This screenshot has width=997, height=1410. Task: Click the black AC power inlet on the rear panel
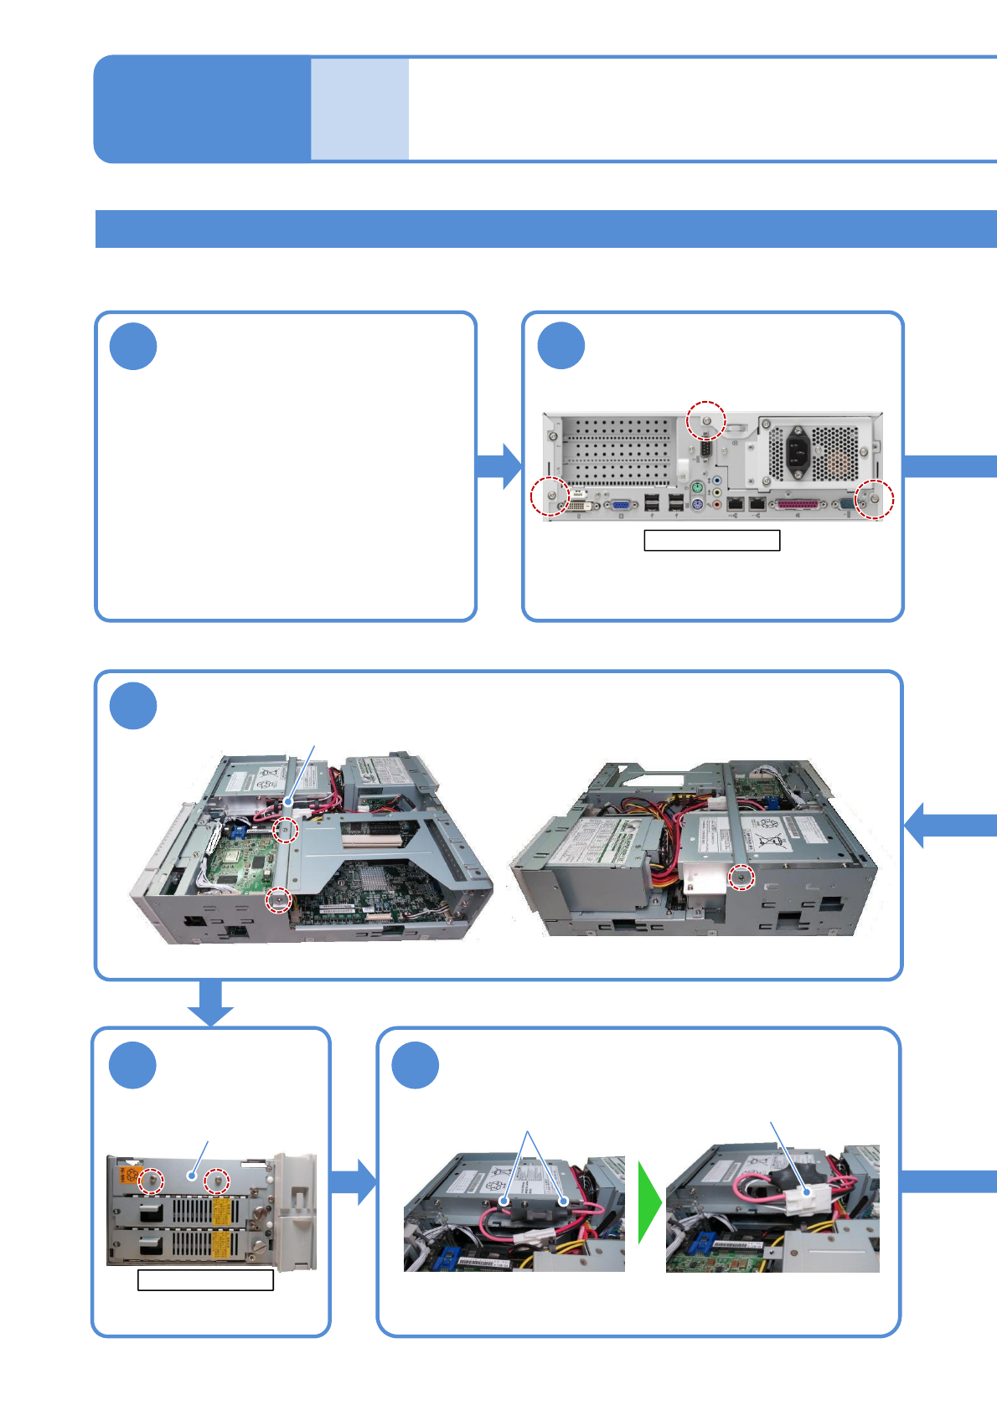click(798, 453)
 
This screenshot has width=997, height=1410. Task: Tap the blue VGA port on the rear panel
click(621, 505)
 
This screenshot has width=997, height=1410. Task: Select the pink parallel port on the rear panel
click(797, 505)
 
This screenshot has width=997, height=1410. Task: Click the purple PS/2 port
click(697, 504)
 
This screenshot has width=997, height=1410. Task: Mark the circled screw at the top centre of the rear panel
click(706, 420)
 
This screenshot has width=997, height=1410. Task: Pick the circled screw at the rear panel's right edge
click(875, 499)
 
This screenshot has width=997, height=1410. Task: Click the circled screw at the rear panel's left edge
click(550, 497)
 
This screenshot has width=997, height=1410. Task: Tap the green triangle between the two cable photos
click(648, 1202)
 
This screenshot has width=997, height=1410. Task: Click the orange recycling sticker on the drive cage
click(129, 1175)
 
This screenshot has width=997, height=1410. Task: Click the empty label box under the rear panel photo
click(711, 540)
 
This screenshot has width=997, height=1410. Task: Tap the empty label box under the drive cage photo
click(205, 1280)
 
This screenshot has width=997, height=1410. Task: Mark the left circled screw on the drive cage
click(152, 1181)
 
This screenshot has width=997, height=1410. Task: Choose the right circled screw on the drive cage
click(217, 1181)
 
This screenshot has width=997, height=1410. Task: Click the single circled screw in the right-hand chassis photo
click(740, 877)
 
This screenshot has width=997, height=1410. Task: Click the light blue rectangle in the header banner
click(359, 109)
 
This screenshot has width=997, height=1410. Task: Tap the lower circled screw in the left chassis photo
click(278, 900)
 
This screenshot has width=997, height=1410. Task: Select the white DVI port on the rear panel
click(579, 507)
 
